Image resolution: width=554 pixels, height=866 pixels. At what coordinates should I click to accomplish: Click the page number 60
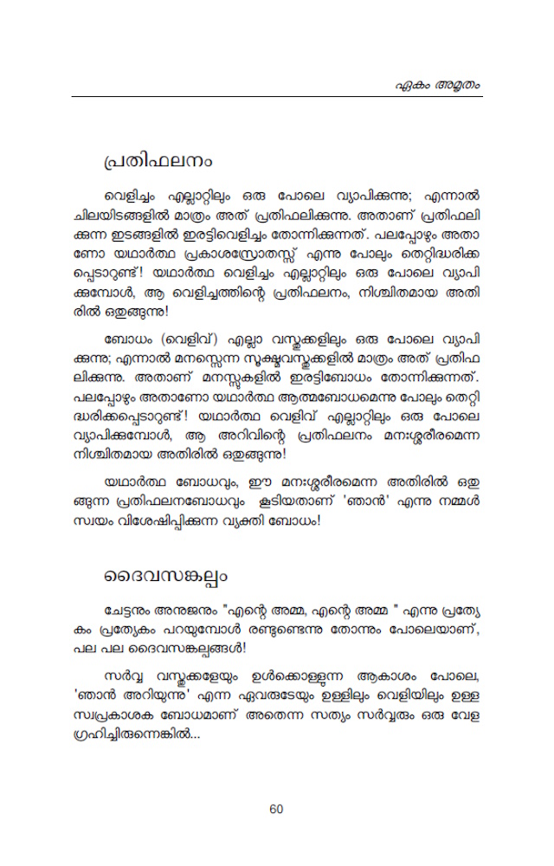pos(276,809)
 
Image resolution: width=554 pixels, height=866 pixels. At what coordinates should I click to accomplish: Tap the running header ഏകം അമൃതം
pos(441,85)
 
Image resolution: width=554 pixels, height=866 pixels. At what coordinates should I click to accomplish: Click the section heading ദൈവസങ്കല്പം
pos(166,575)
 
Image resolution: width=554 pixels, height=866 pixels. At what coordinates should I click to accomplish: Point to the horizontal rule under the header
pos(277,96)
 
